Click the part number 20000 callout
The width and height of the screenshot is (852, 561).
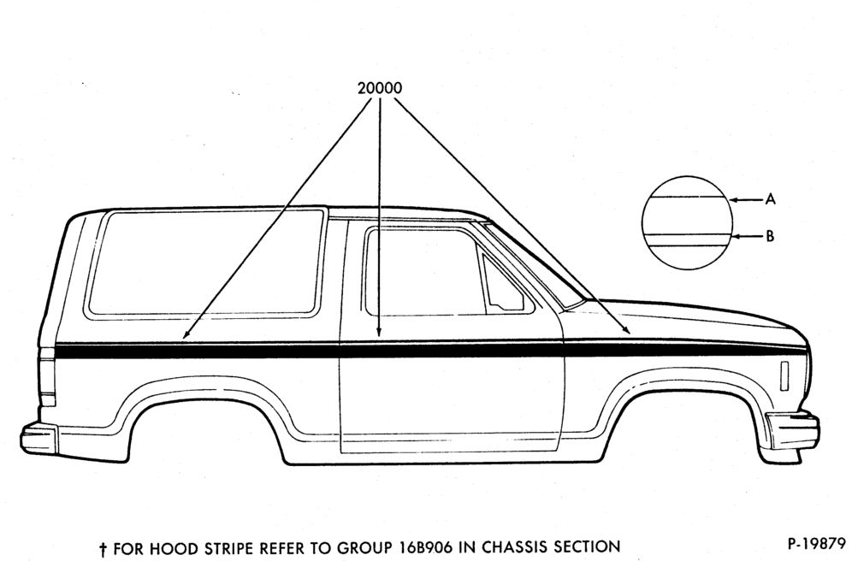click(380, 88)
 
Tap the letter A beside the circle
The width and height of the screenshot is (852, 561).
click(770, 199)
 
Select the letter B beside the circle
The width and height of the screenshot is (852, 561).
click(770, 236)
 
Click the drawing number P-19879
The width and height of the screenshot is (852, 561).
click(817, 544)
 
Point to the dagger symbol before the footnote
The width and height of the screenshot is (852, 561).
click(102, 548)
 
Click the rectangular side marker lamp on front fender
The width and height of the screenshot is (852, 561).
click(784, 375)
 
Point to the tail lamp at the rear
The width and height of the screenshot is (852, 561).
click(47, 375)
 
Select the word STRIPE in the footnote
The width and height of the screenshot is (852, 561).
click(228, 547)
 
